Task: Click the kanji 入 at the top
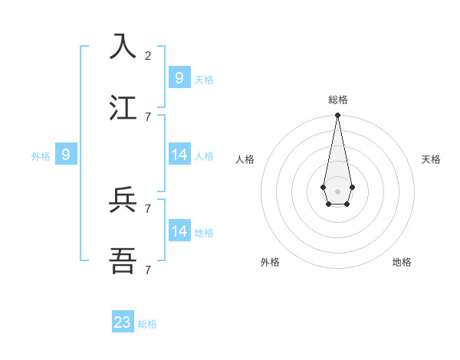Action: coord(123,47)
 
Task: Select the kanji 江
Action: coord(123,107)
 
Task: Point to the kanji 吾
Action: coord(123,261)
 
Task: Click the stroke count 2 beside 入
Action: coord(148,55)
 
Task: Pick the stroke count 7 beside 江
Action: coord(148,116)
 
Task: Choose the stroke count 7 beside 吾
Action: coord(148,270)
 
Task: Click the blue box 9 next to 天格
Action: coord(179,78)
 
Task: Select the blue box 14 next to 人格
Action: coord(179,155)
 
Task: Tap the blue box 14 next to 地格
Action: coord(179,231)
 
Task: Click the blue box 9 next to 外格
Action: coord(66,155)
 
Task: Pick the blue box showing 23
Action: coord(123,322)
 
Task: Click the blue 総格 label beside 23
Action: coord(147,324)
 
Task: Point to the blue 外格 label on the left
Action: coord(41,156)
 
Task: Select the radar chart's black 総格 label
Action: coord(338,100)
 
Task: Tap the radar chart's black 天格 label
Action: coord(431,159)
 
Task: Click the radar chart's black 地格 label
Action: coord(402,262)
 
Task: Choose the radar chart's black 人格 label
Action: coord(245,159)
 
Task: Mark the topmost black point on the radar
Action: coord(337,116)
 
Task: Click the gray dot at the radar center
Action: coord(337,191)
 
